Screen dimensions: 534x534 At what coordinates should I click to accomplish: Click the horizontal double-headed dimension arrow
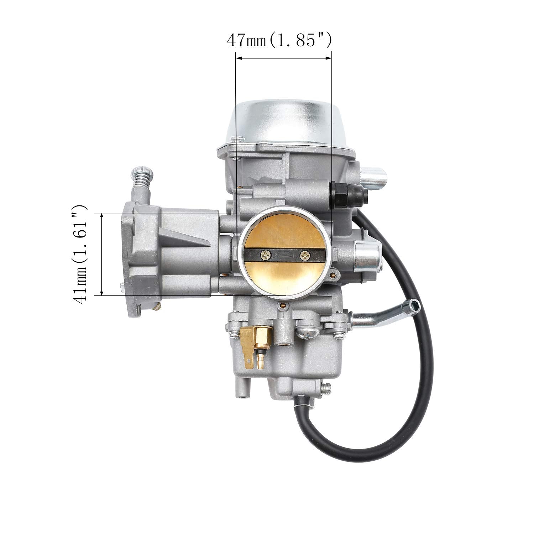(284, 58)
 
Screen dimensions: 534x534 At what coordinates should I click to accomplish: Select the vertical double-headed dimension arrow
(102, 254)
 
